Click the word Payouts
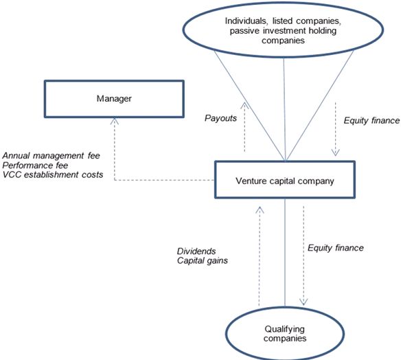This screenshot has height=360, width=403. coord(220,118)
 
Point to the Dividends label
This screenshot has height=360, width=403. coord(196,251)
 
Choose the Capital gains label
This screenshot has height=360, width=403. coord(203,260)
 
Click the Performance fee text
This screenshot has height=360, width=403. coord(35,165)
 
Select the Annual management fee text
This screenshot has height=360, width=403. coord(51,155)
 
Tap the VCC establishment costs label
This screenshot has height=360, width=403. coord(53,175)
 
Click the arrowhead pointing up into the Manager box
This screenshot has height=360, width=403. coord(115,121)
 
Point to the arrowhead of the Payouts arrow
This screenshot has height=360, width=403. coord(244,105)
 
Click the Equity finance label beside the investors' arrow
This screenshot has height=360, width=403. coord(371,120)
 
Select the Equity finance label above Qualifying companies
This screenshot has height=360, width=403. coord(336,247)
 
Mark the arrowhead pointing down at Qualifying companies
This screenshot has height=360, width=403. coord(303,302)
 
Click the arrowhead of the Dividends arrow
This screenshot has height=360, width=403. coord(260,210)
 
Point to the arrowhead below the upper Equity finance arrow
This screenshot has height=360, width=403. coord(336,153)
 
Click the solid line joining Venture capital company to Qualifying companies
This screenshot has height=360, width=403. coord(285,252)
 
